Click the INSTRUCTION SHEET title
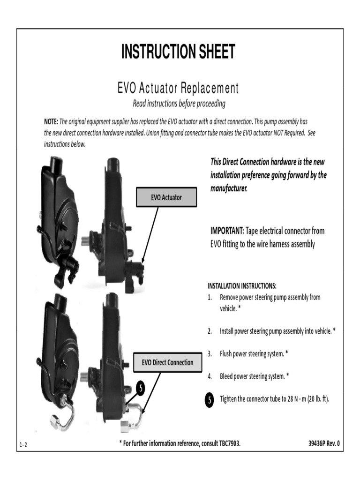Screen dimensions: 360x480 coord(178,52)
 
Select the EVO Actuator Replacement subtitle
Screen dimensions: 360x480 coord(178,88)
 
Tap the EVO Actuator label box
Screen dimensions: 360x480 coord(166,198)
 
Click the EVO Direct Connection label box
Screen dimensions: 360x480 coord(167,362)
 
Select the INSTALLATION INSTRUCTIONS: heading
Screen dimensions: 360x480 coord(242,285)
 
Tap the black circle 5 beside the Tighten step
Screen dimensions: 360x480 coord(210,400)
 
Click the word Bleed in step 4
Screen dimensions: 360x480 coord(227,376)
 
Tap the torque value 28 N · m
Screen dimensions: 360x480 coord(290,399)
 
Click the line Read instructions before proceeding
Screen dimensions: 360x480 coord(179,103)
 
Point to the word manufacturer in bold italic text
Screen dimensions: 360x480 coord(228,188)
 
